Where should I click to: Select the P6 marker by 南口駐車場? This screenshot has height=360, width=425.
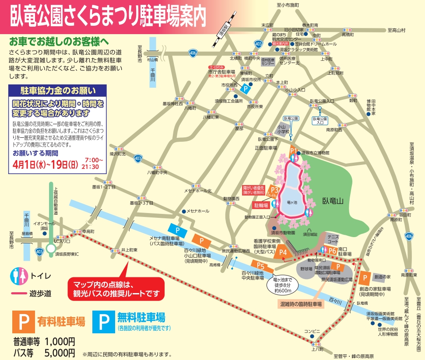[333, 250]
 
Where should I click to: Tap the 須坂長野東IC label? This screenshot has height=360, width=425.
[65, 254]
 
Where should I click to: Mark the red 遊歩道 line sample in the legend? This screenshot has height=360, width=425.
[17, 294]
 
